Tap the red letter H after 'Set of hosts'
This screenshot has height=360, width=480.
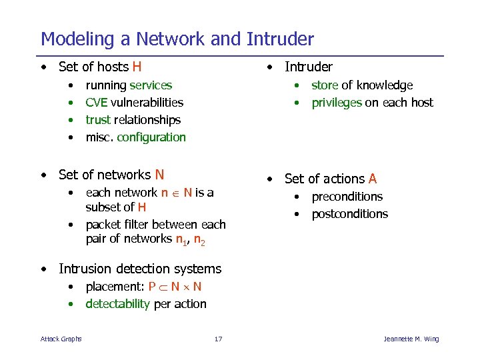click(137, 67)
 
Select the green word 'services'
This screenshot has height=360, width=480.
click(151, 85)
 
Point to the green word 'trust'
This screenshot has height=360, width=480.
click(99, 120)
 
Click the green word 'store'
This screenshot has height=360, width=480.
click(325, 85)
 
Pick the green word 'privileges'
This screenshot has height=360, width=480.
click(337, 103)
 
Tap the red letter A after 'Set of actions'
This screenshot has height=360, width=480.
click(373, 179)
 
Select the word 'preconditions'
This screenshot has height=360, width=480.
click(347, 197)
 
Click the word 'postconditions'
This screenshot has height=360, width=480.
click(349, 214)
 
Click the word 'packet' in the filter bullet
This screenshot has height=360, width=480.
click(102, 225)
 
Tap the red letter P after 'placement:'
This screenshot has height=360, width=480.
click(152, 287)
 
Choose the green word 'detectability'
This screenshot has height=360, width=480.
click(118, 304)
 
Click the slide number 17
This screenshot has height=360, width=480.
click(218, 339)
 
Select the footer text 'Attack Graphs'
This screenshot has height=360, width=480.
click(61, 339)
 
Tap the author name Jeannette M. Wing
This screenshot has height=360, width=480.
click(411, 339)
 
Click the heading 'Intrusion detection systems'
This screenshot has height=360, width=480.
click(140, 269)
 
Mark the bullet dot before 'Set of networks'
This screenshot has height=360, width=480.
click(43, 175)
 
